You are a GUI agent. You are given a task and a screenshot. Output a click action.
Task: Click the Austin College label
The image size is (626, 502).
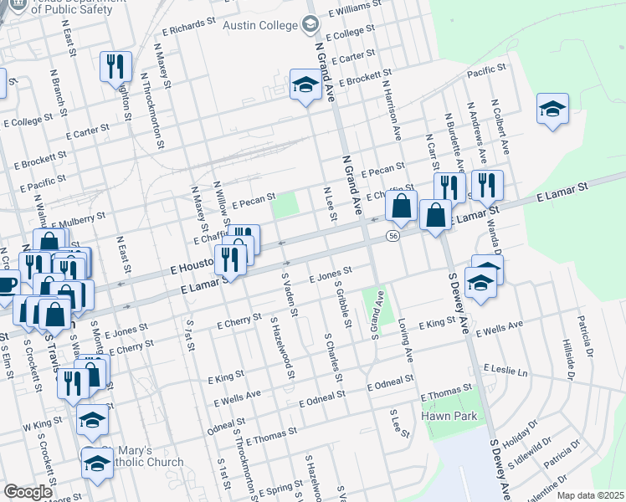(260, 25)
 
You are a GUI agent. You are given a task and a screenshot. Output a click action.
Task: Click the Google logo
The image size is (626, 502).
(28, 492)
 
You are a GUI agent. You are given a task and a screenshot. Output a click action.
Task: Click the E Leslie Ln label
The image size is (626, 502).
(507, 369)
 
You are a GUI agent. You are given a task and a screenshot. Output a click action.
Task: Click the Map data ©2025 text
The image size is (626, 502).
(589, 495)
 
